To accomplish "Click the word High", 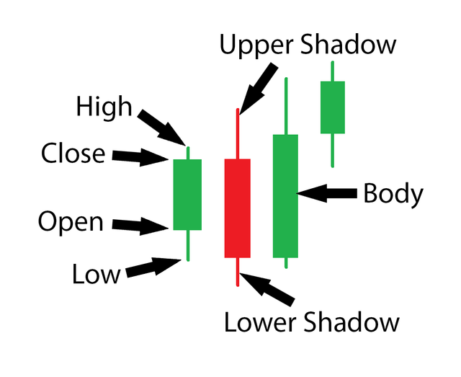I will tap(104, 107).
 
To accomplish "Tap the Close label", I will tap(73, 154).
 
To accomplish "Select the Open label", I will tap(71, 223).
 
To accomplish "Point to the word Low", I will tap(96, 273).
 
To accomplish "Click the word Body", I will tap(393, 194).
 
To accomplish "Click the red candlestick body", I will tap(237, 208).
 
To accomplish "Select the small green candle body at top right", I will tap(333, 107).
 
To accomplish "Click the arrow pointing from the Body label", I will tap(328, 193).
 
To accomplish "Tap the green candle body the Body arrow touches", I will tap(285, 196).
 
